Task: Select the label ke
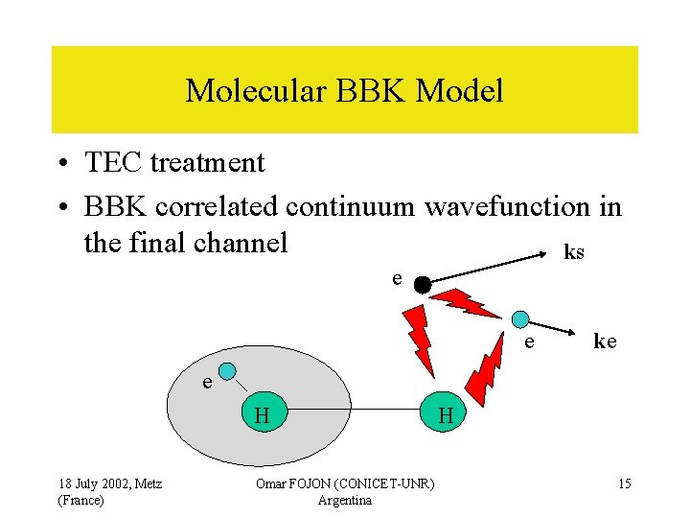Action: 605,341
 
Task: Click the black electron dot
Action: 421,284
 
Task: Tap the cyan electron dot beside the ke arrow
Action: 519,318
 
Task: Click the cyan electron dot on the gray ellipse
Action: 227,371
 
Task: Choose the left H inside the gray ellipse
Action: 261,414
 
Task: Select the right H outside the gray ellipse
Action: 445,415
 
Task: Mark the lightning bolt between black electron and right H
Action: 421,341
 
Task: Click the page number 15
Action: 624,483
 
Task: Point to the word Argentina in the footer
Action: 344,500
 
